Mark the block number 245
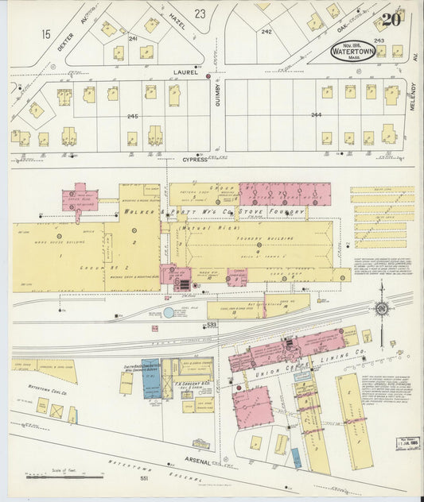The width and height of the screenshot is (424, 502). pyautogui.click(x=132, y=117)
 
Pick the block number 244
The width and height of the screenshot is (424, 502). pyautogui.click(x=316, y=116)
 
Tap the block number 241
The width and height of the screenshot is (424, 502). pyautogui.click(x=133, y=38)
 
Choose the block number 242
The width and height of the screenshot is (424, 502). pyautogui.click(x=266, y=32)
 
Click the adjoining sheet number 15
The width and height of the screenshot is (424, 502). pyautogui.click(x=46, y=34)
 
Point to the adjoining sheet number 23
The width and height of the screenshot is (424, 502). pyautogui.click(x=200, y=14)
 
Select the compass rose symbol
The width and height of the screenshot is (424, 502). pyautogui.click(x=381, y=309)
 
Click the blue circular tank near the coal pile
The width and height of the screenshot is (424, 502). pyautogui.click(x=168, y=313)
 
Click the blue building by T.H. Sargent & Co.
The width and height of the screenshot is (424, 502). pyautogui.click(x=151, y=379)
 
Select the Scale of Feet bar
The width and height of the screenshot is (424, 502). pyautogui.click(x=64, y=477)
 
